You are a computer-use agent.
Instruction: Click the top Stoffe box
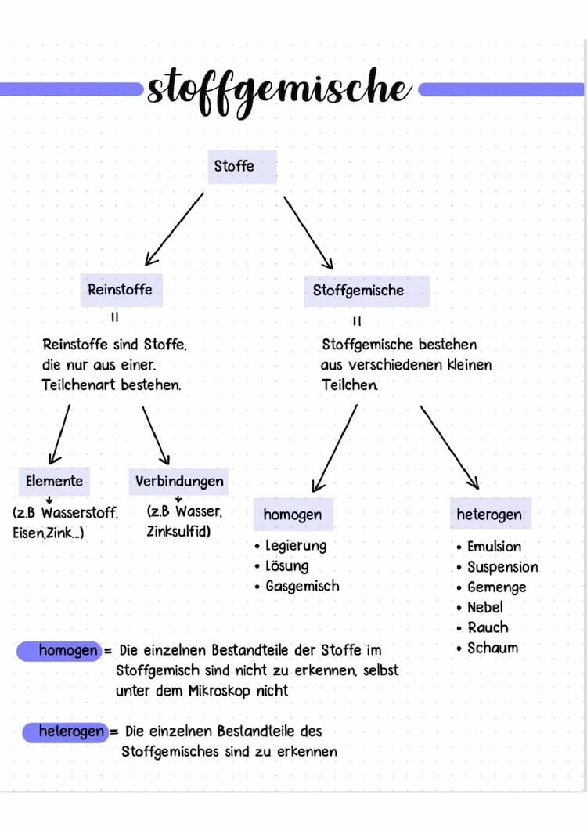tap(242, 167)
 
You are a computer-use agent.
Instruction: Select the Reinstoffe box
tap(121, 290)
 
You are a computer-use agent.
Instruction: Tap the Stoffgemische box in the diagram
tap(366, 291)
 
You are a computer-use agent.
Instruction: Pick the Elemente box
tap(54, 481)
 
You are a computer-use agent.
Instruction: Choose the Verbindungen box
tap(178, 482)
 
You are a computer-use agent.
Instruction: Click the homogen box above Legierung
tap(293, 514)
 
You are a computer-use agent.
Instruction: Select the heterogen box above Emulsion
tap(491, 514)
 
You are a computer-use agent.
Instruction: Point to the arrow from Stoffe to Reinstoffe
tap(175, 229)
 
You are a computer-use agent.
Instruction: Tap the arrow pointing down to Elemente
tap(59, 435)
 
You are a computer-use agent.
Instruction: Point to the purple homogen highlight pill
tap(59, 651)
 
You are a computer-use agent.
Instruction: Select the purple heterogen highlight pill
tap(66, 732)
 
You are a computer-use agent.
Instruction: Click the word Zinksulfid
tap(178, 531)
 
